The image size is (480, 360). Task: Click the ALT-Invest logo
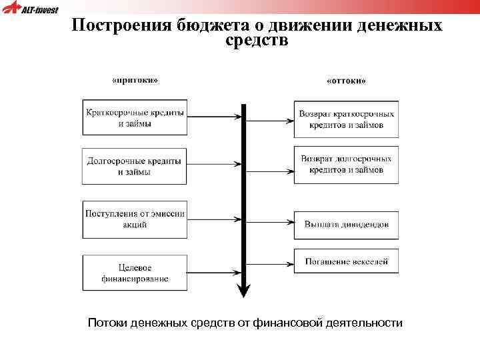(30, 9)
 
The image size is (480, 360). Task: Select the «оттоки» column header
(346, 81)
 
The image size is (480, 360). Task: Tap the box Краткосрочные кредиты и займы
(134, 118)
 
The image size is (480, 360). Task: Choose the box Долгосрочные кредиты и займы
(134, 166)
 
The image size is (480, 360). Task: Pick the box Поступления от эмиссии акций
(134, 219)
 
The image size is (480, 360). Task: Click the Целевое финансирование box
(134, 272)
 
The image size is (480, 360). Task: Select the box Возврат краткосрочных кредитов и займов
(346, 119)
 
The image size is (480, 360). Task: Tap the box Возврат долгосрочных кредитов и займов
(346, 165)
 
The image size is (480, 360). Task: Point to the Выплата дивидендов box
(346, 225)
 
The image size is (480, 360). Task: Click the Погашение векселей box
(346, 261)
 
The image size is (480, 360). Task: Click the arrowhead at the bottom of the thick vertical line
(244, 290)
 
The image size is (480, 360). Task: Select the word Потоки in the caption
(107, 323)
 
